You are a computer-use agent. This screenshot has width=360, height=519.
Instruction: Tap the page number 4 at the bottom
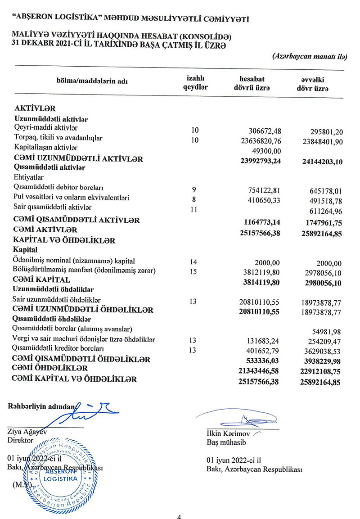coord(180,516)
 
